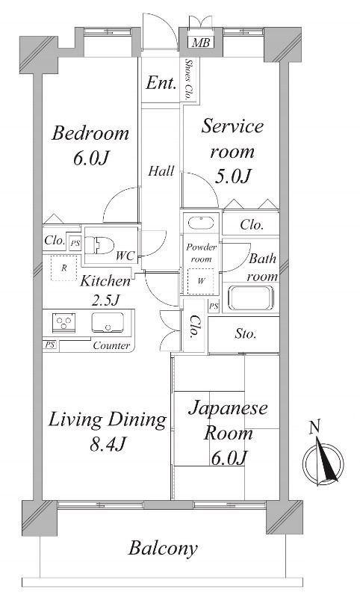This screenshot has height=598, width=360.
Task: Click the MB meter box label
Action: tap(201, 43)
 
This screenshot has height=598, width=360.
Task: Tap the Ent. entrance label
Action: tap(161, 83)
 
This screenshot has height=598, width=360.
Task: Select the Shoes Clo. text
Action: tap(187, 79)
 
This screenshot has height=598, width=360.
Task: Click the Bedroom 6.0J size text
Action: tap(91, 158)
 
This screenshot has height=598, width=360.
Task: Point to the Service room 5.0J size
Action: tap(233, 176)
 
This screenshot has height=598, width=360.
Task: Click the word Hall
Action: tap(161, 171)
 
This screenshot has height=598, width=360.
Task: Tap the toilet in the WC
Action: tap(99, 245)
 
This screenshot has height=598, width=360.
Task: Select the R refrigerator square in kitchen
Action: tap(64, 268)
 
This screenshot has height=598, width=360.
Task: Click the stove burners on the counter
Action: tap(64, 323)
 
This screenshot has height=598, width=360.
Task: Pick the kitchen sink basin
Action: tap(108, 322)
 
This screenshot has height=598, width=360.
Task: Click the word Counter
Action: tap(111, 346)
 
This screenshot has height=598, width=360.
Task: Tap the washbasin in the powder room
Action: tap(201, 223)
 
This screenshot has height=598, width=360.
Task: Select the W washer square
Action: tap(201, 282)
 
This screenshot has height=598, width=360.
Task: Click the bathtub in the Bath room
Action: tap(251, 298)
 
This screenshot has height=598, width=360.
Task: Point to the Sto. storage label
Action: tap(245, 334)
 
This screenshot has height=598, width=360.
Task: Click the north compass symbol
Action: tap(323, 457)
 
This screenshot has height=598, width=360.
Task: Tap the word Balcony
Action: tap(163, 549)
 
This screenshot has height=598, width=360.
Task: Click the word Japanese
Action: tap(229, 409)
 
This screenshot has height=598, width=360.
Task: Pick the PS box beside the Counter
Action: tap(50, 345)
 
